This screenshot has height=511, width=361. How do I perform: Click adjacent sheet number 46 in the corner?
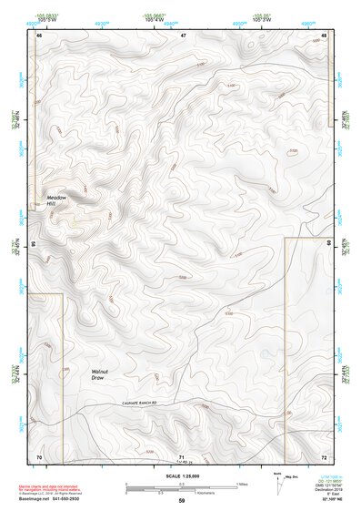tap(39, 36)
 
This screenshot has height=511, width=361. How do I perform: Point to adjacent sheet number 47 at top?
tap(183, 36)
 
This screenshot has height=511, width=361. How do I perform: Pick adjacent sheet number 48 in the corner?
tap(325, 36)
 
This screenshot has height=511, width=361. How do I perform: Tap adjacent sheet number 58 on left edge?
tap(34, 245)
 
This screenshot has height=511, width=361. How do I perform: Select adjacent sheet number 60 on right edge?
tap(329, 245)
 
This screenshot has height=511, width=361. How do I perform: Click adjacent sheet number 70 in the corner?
tap(39, 455)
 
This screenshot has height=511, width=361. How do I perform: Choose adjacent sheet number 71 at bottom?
tap(183, 455)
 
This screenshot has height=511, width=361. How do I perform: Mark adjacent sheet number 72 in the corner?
tap(325, 455)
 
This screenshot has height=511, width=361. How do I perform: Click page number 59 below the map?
tap(181, 500)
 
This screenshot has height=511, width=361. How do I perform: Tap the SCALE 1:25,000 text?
tap(181, 475)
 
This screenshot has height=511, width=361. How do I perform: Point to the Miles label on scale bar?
tap(241, 483)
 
